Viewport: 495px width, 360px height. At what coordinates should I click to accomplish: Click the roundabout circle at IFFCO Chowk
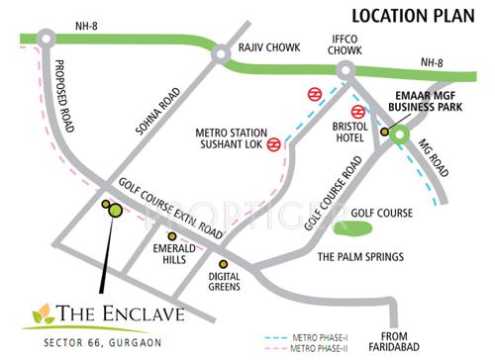346,70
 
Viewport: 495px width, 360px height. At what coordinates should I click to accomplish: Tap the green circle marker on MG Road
399,135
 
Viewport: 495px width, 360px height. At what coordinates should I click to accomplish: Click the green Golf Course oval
351,229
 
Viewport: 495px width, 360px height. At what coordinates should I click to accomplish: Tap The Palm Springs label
359,257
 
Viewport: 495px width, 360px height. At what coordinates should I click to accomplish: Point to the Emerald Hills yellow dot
172,236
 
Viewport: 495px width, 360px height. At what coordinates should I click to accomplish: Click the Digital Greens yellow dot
224,264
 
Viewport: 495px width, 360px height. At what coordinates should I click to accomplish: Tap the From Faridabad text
419,341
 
